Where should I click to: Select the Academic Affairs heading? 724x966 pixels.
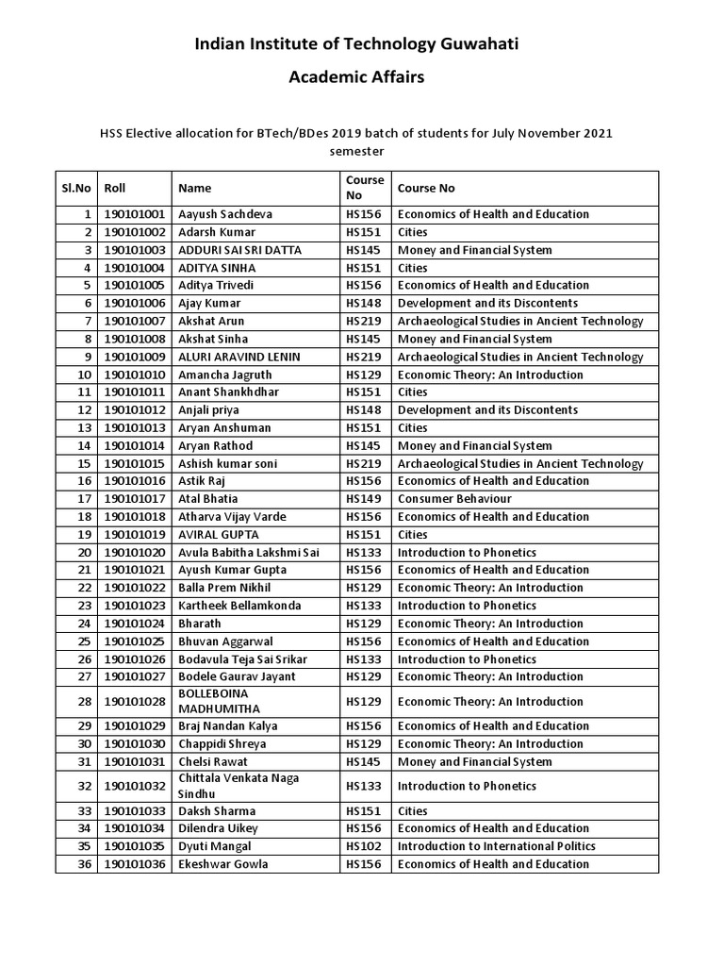tap(356, 77)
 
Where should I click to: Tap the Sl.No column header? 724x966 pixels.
tap(76, 188)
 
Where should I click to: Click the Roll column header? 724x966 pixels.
tap(114, 188)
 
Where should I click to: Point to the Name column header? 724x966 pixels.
tap(195, 188)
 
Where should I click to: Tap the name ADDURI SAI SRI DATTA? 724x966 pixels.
tap(244, 250)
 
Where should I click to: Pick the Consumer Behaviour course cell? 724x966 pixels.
tap(454, 498)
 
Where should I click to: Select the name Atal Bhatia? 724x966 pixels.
tap(208, 498)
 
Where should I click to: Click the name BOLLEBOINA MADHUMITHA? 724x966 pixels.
tap(222, 701)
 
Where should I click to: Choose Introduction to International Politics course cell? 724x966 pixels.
tap(496, 846)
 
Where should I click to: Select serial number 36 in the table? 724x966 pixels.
tap(87, 864)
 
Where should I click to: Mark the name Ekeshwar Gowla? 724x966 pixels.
tap(223, 864)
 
